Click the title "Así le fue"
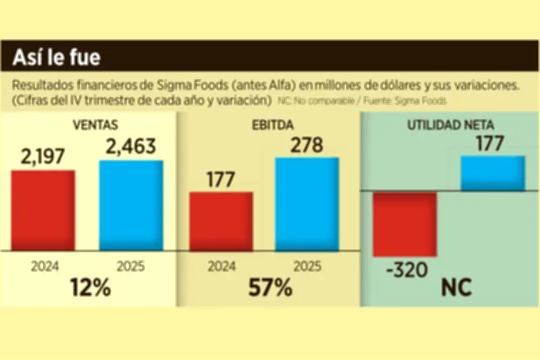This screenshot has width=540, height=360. tap(57, 58)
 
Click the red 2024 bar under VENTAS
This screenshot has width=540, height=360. tap(43, 210)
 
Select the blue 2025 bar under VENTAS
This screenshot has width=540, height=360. tap(131, 205)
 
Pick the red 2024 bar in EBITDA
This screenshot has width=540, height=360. tap(221, 221)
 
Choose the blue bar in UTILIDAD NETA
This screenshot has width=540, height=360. tap(493, 173)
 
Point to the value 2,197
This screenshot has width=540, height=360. tap(43, 157)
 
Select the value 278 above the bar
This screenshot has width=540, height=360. tap(307, 145)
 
